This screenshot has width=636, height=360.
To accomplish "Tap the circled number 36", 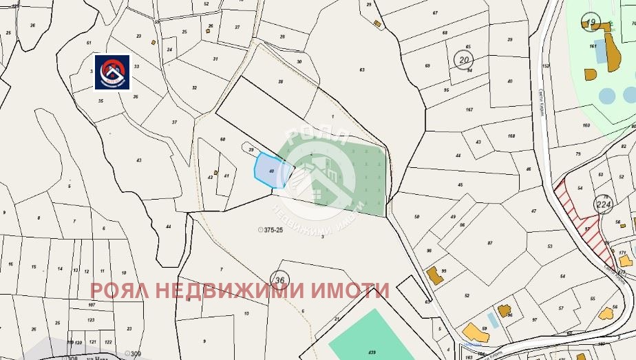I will click(x=279, y=279).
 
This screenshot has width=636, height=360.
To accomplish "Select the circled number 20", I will click(x=463, y=60).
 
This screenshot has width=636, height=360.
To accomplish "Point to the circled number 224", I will click(x=604, y=204).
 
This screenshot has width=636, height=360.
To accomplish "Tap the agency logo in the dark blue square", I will click(x=112, y=72).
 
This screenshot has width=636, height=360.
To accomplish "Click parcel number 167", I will click(x=469, y=110).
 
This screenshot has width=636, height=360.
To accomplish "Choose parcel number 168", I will click(x=511, y=136).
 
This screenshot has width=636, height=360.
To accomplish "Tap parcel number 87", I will click(x=490, y=244).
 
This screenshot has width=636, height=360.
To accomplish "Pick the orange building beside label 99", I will click(x=434, y=276).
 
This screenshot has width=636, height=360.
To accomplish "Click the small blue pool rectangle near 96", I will click(x=491, y=319).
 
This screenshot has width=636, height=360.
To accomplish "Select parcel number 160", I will click(x=586, y=125).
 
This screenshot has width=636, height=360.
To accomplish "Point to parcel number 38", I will click(x=280, y=82).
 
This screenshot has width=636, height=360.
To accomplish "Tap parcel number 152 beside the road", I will click(x=546, y=66).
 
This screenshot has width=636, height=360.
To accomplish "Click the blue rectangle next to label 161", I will click(x=601, y=51).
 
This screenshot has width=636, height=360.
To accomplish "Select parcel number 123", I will click(x=91, y=320).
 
